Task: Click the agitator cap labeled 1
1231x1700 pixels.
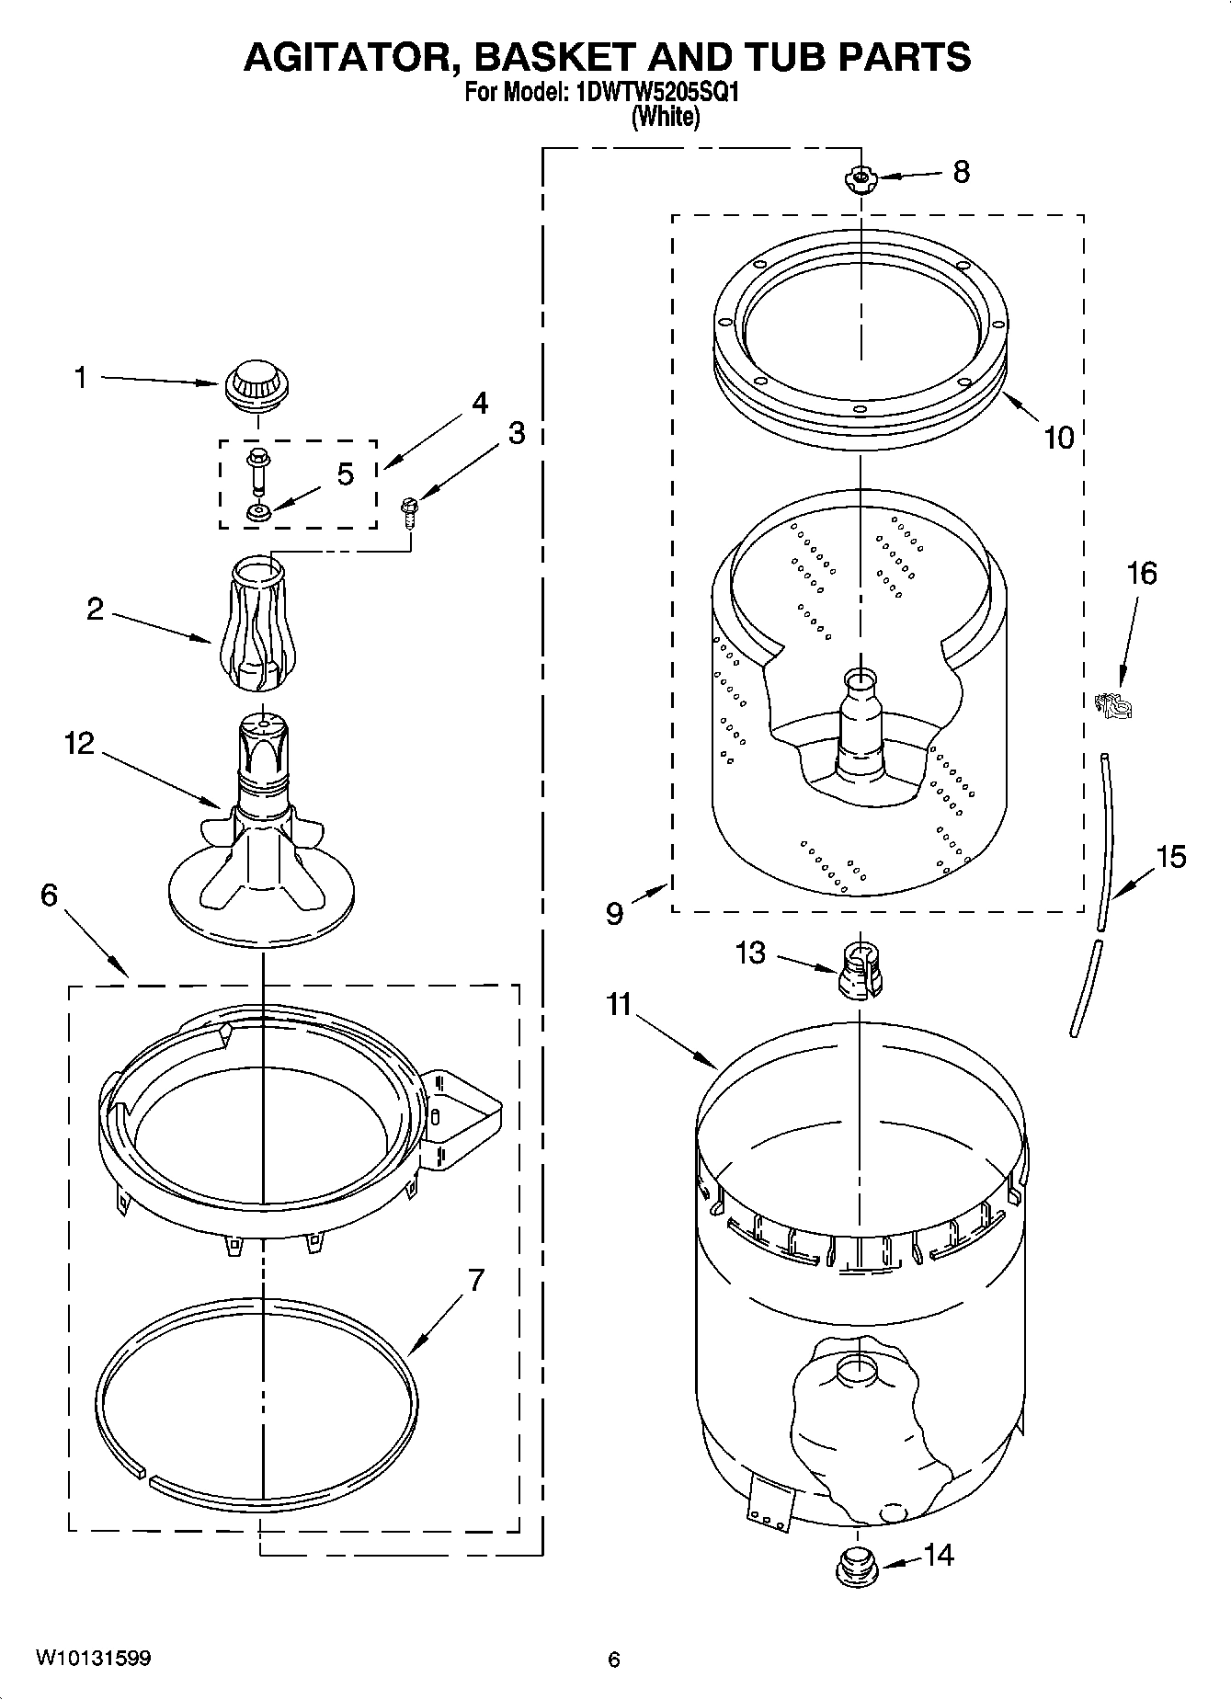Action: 248,382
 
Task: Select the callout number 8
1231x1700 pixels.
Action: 961,172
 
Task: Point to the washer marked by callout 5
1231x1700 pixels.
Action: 258,511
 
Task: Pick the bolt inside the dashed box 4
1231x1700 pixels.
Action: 256,470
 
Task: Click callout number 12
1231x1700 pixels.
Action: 79,743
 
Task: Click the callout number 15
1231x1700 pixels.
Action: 1170,857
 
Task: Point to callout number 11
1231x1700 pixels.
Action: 619,1005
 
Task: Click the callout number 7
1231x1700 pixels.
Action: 475,1280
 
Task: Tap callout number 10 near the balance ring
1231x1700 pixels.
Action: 1058,438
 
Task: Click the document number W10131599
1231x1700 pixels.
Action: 93,1658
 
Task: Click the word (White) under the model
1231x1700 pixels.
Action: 666,117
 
